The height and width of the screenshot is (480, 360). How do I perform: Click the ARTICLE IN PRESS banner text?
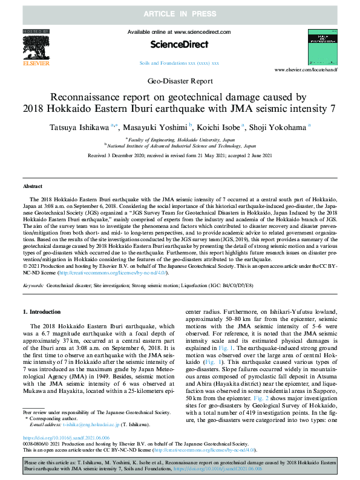(180, 12)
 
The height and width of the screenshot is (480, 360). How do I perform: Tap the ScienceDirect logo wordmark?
(180, 44)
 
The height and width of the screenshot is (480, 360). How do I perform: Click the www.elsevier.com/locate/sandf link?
(308, 70)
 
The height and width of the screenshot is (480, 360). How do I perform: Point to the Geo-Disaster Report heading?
(180, 80)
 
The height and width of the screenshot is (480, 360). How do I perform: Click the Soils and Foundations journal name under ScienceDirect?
(180, 62)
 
